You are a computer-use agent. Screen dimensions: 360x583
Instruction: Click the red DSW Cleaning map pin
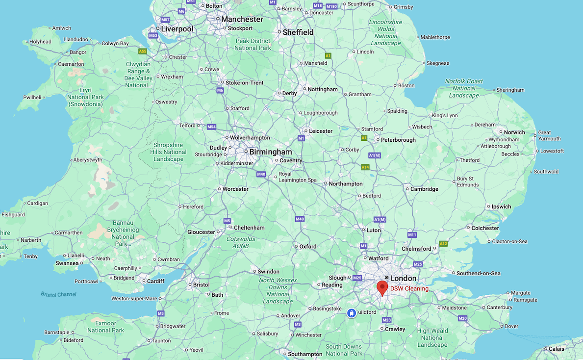coord(382,287)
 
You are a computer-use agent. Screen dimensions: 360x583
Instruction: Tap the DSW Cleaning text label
coord(409,288)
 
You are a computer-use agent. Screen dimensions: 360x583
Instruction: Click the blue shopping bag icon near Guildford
coord(351,313)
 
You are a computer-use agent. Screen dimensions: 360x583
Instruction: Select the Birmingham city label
coord(270,152)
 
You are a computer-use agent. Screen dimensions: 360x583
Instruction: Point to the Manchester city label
coord(242,19)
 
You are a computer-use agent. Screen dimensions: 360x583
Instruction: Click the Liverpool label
coord(177,29)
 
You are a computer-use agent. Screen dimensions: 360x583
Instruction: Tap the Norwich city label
coord(514,132)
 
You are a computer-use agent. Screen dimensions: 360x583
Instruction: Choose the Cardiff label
coord(156,281)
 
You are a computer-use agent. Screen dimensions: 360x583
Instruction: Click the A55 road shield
coord(143,51)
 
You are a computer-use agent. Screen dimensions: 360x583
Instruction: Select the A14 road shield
coord(365,167)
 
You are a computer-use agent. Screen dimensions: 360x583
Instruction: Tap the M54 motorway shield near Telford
coord(211,127)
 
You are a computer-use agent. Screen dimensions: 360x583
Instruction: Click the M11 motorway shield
coord(412,235)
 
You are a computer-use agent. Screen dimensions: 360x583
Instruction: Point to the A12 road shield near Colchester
coord(443,243)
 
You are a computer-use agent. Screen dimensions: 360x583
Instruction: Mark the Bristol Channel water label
coord(58,294)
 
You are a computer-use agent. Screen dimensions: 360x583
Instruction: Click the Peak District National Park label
coord(253,44)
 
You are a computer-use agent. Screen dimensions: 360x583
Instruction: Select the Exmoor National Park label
coord(105,327)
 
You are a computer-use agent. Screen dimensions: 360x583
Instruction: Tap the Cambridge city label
coord(424,189)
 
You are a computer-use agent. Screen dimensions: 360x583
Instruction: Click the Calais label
coord(556,349)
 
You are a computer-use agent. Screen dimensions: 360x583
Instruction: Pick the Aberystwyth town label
coord(88,159)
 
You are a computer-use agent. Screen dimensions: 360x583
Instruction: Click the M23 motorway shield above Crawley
coord(386,320)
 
